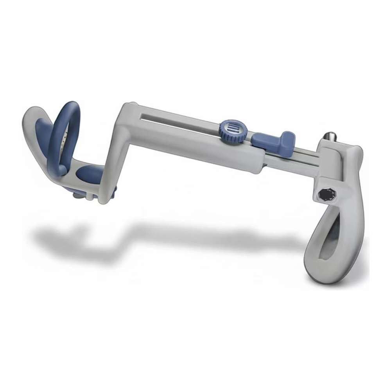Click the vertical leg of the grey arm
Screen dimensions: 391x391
point(111,164)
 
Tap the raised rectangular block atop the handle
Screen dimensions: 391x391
point(332,152)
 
